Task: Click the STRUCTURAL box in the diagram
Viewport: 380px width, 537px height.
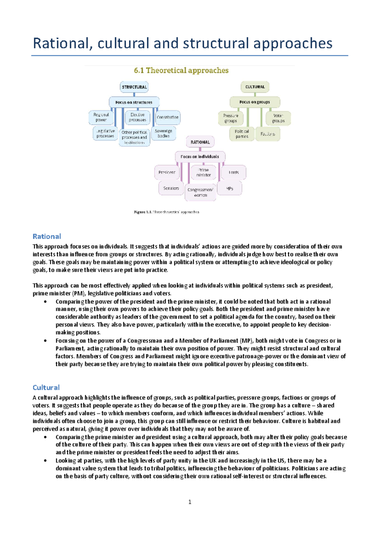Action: pos(134,87)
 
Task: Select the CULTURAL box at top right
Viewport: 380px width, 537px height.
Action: pos(255,87)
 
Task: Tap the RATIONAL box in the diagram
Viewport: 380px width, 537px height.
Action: pos(200,142)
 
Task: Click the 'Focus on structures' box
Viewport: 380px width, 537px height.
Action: pos(134,102)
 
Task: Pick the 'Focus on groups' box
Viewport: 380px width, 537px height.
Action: pos(255,102)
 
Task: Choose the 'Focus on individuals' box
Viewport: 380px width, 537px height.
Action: pos(200,156)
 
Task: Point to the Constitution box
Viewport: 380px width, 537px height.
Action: pos(168,117)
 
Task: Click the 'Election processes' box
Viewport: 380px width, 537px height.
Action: pos(137,117)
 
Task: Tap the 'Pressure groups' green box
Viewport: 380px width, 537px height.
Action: pos(231,118)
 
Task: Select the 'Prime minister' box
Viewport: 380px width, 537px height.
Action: pos(203,172)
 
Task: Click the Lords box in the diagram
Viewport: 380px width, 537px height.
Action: pos(234,172)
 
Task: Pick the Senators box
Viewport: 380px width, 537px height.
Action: pos(171,188)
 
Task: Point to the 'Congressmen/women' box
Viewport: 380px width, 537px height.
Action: pos(200,192)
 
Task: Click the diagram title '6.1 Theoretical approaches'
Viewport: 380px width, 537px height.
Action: pos(181,70)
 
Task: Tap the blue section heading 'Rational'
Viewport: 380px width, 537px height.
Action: pos(47,237)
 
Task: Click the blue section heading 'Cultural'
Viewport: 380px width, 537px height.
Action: pos(46,388)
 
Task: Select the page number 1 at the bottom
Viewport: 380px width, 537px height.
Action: pos(190,502)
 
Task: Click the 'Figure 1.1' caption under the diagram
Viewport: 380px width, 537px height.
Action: pos(167,212)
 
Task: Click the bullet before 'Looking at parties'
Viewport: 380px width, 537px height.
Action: pos(46,461)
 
